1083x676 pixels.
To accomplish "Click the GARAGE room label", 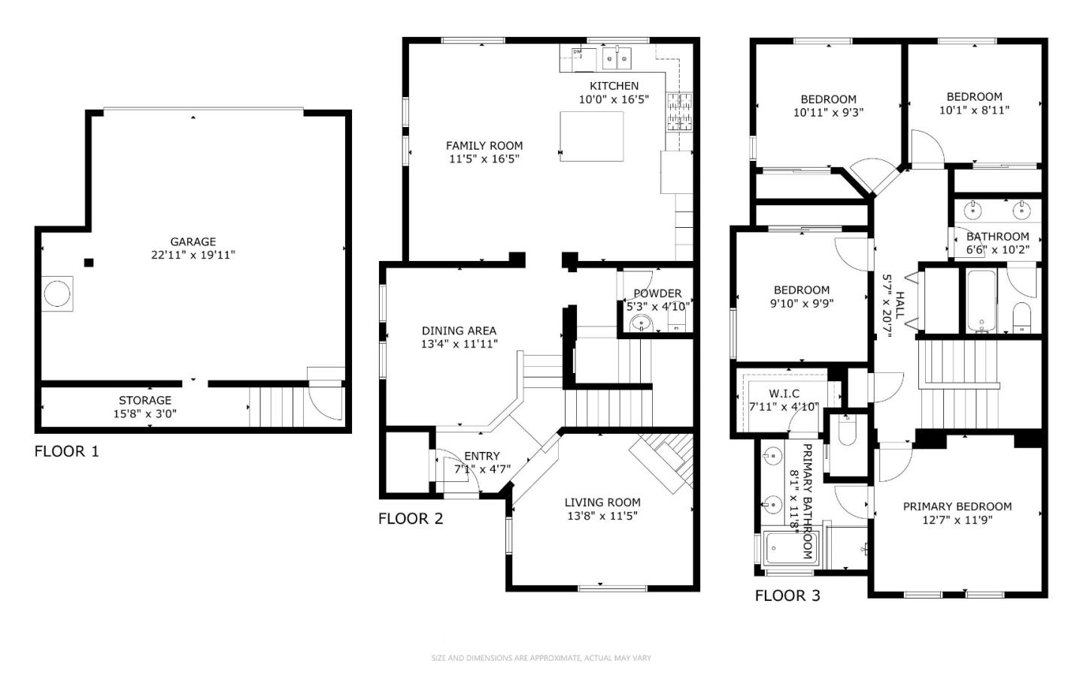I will click(193, 241).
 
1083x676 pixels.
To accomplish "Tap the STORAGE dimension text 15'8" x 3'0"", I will click(145, 414).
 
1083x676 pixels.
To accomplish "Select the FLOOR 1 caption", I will click(67, 451).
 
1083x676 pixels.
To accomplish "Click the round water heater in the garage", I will click(57, 293).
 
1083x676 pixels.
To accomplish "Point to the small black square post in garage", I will click(89, 262).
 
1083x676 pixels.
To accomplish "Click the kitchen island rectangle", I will click(592, 136).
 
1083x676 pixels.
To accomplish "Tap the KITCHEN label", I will click(614, 86).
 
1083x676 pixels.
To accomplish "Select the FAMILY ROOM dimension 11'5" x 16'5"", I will click(484, 159).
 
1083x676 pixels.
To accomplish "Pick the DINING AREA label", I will click(459, 331).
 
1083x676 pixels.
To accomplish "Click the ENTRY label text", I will click(482, 456).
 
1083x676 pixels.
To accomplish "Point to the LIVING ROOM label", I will click(602, 502).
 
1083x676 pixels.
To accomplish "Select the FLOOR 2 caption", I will click(411, 519).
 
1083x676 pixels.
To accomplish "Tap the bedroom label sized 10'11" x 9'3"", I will click(828, 99).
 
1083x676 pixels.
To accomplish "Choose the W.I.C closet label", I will click(784, 393).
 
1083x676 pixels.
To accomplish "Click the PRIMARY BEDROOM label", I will click(957, 507).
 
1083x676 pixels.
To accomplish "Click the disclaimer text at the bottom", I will click(541, 658).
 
